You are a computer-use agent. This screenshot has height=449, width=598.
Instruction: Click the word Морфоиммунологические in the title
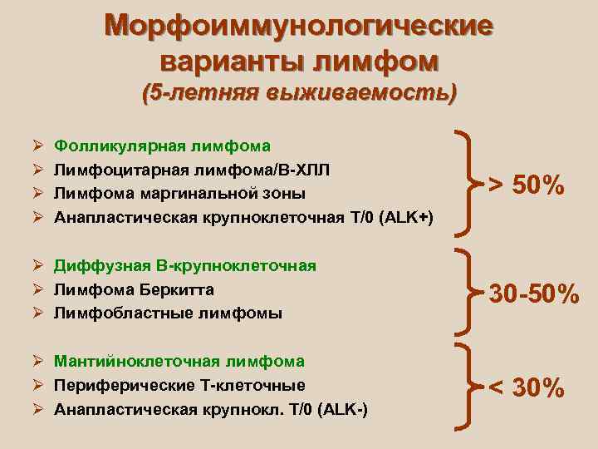[298, 27]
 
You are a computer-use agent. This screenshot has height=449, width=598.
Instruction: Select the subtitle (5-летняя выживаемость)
[299, 91]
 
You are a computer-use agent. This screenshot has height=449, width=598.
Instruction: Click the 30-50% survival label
[533, 294]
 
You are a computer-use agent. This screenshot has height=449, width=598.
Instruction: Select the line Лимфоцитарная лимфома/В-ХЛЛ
[192, 170]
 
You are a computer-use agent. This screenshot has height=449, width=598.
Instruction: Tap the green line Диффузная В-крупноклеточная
[185, 265]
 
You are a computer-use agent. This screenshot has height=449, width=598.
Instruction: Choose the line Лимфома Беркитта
[134, 289]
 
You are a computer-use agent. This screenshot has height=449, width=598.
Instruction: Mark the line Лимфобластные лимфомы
[168, 313]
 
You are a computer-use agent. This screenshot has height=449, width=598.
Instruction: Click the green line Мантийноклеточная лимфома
[179, 362]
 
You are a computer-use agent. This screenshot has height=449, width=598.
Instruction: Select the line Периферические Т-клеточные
[179, 386]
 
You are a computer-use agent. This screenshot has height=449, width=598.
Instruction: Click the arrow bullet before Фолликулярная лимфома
[33, 146]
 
